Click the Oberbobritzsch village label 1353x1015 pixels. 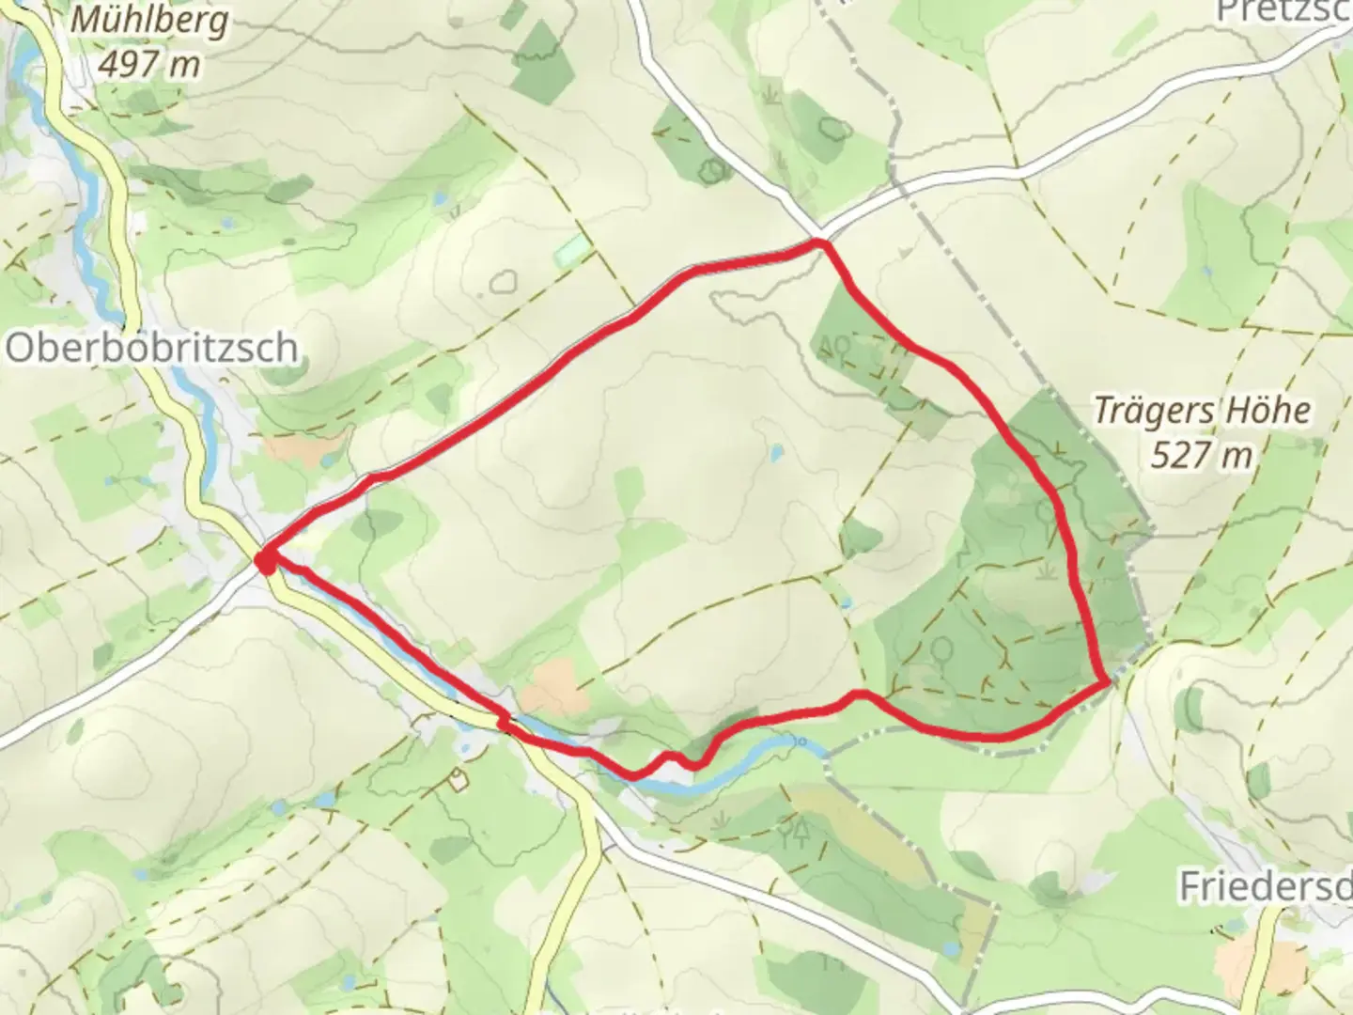[x=152, y=349]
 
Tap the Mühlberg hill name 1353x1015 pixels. [x=149, y=20]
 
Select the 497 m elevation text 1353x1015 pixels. [x=149, y=64]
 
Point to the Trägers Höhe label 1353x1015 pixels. [x=1202, y=411]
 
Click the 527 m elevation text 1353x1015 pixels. [x=1202, y=455]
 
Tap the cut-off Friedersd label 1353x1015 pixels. [x=1265, y=885]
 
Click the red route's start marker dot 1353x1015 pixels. [x=267, y=562]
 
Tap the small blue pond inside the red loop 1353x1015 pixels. [x=776, y=454]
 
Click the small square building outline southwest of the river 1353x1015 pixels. [x=458, y=778]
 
